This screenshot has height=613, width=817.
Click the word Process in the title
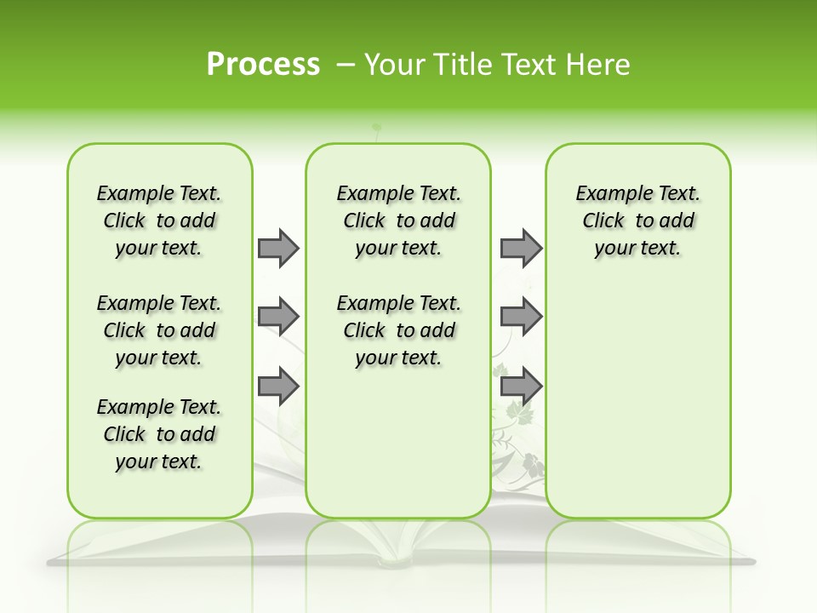point(263,65)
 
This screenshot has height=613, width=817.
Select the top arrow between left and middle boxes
point(278,248)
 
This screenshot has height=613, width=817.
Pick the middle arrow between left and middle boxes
point(278,317)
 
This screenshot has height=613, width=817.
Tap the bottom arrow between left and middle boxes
point(278,387)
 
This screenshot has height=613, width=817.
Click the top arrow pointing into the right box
point(521,248)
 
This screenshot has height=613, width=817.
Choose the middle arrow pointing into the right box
point(521,317)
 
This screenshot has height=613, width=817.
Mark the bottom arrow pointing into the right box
point(521,387)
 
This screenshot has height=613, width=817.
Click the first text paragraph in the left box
point(159,221)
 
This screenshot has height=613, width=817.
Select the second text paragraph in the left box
point(159,330)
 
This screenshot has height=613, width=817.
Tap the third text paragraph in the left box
point(159,434)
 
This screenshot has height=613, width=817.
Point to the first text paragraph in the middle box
point(398,221)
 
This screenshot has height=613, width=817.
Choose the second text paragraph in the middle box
point(398,330)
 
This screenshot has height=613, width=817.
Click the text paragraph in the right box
point(638,221)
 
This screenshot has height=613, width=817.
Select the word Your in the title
point(393,65)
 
